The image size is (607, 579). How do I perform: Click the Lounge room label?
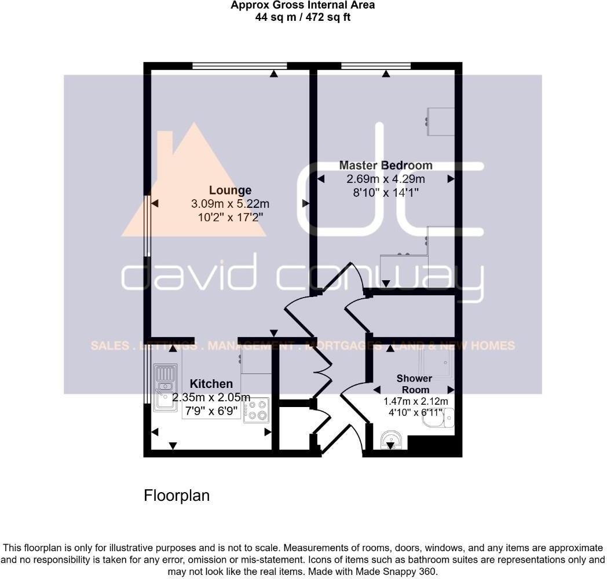pos(230,190)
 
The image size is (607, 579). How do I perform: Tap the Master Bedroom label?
pos(386,165)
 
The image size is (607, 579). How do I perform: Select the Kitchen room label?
pos(211,383)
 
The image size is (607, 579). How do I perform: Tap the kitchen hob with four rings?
pos(257,410)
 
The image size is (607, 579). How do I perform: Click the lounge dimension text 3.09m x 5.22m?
pos(230,204)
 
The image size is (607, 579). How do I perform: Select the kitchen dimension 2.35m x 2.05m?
pos(211,397)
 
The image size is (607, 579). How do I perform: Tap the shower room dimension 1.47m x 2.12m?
pos(415,401)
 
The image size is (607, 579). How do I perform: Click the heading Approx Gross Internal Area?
pos(303,5)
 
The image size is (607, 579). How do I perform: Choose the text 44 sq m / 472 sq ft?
pos(303,17)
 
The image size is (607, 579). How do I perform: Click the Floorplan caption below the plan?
pos(177,496)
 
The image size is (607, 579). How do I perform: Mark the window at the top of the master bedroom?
pos(376,66)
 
